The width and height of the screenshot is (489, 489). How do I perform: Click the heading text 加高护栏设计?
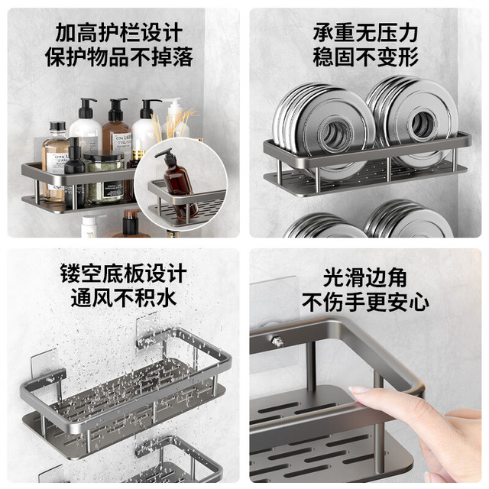(x=119, y=33)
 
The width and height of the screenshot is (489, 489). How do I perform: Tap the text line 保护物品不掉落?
(x=119, y=57)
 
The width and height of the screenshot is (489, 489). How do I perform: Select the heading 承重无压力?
(x=365, y=33)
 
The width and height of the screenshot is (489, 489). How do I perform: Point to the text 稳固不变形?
(x=365, y=57)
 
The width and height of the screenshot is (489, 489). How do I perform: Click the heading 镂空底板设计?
(x=124, y=274)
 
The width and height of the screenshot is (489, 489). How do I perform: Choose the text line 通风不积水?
(x=124, y=298)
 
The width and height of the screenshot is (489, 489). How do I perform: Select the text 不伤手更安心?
(x=365, y=302)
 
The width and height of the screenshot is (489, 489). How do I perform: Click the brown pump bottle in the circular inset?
(x=178, y=184)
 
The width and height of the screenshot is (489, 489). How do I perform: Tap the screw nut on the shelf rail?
(x=277, y=342)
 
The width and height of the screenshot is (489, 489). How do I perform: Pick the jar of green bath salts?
(x=104, y=179)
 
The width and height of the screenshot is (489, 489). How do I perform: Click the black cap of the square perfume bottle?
(x=58, y=126)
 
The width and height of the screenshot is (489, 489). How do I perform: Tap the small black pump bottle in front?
(x=75, y=173)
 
